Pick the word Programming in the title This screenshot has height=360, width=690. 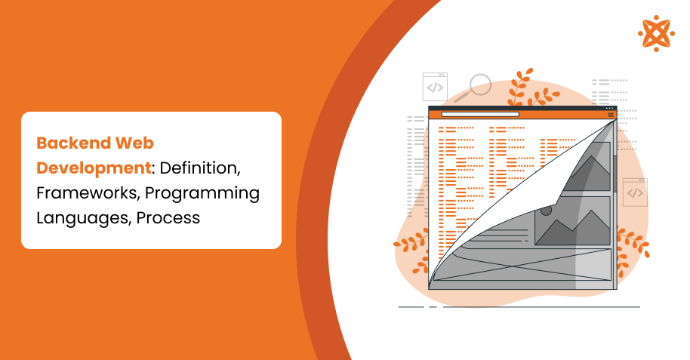202,193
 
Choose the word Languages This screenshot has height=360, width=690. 81,218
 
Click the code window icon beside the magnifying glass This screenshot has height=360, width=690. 435,87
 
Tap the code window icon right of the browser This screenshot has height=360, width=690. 635,192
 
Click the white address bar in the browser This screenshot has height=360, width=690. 480,115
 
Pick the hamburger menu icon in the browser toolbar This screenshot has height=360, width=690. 610,115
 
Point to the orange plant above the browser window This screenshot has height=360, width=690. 528,89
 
